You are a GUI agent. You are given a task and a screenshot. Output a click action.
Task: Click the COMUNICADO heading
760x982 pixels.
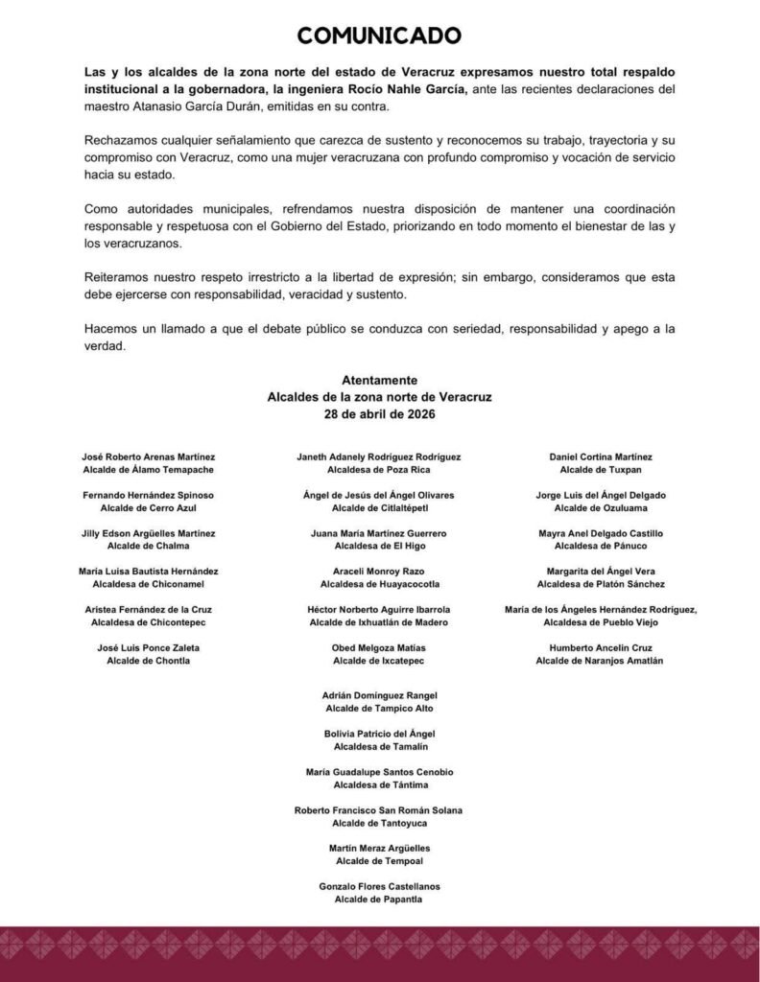coord(379,36)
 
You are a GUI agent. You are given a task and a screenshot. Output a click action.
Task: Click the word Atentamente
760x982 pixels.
coord(379,381)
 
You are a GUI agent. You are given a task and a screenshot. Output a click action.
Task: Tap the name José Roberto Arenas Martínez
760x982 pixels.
coord(148,457)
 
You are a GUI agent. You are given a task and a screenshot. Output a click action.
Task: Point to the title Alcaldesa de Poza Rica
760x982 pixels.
coord(379,471)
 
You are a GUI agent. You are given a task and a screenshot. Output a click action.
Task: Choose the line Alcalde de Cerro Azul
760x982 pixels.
coord(148,508)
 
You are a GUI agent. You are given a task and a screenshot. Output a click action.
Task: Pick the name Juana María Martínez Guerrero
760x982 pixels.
coord(379,533)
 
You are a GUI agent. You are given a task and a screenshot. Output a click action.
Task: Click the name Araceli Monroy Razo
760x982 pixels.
coord(379,572)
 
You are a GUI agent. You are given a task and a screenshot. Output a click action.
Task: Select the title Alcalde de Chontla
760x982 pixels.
coord(148,661)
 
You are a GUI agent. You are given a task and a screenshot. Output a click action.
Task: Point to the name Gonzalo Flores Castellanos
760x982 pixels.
coord(379,886)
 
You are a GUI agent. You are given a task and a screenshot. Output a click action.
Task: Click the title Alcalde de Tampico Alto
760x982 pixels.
coord(379,708)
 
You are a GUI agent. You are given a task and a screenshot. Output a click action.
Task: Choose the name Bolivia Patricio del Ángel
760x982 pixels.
coord(379,734)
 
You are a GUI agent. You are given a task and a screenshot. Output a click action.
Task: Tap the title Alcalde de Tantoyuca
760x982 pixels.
coord(379,823)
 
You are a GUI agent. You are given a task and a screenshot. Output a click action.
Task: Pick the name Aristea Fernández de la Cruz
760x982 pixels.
coord(148,610)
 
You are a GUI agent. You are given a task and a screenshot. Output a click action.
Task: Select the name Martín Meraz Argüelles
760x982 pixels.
coord(379,848)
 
